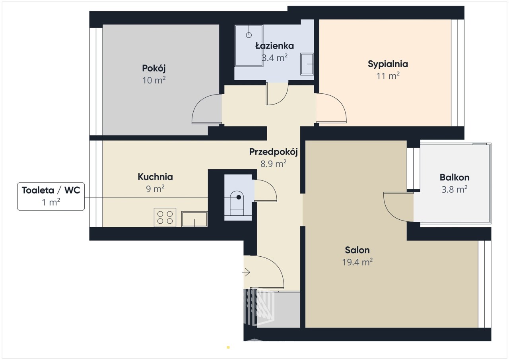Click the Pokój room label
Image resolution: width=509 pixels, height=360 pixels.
154,68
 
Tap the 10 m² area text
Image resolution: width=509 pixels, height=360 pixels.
154,80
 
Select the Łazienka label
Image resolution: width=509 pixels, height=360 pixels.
274,46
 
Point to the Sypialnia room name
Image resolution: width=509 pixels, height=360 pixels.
388,64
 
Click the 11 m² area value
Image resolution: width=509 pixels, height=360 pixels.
388,76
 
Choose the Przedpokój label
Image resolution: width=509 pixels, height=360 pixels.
273,152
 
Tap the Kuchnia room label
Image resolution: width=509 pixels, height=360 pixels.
155,177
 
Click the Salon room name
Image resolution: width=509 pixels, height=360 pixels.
357,250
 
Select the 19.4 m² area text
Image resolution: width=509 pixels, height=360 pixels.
357,262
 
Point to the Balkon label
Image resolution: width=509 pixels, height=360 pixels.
455,178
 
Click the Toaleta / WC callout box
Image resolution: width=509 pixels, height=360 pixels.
51,196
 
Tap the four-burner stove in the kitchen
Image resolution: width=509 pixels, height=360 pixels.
165,217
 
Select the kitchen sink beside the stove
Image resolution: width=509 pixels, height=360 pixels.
194,219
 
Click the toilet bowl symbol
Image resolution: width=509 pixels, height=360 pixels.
237,203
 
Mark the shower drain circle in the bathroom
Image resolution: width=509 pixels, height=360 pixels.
249,35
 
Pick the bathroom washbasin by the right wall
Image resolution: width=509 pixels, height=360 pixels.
307,64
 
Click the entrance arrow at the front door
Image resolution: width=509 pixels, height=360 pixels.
246,272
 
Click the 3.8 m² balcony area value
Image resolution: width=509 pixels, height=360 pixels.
455,189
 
